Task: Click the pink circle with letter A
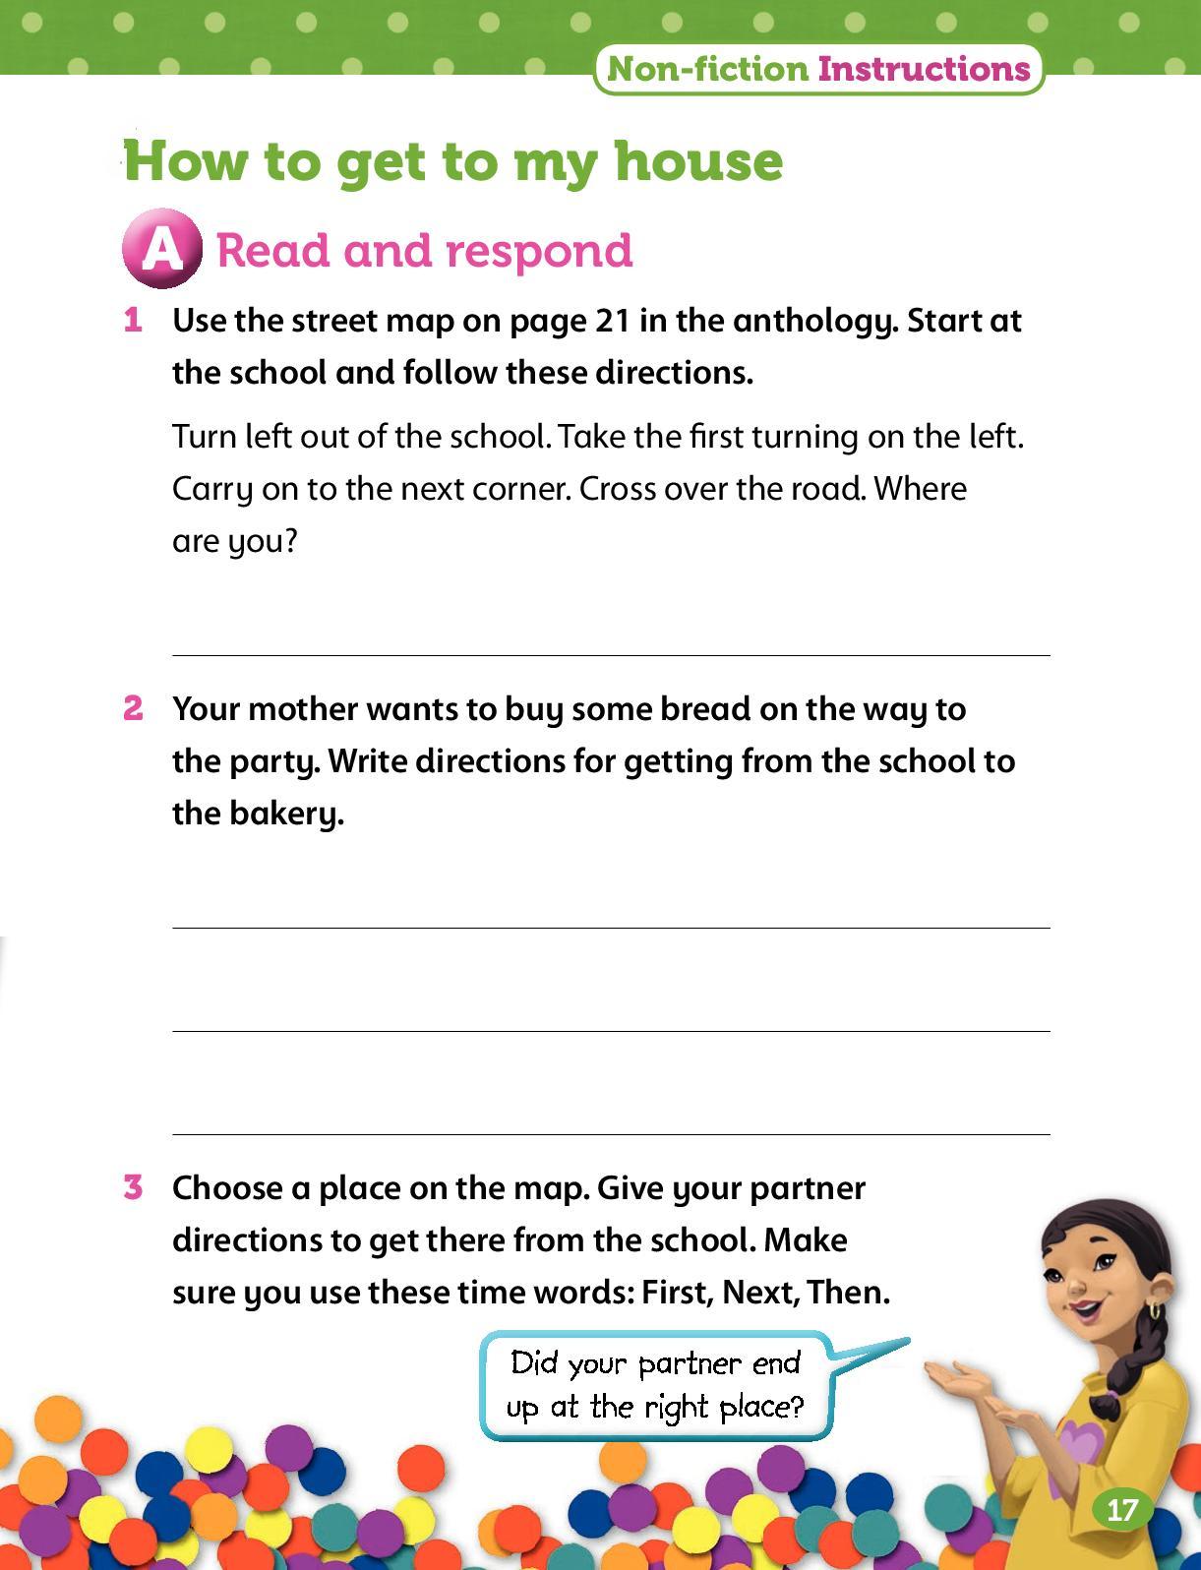[x=161, y=249]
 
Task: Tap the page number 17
[x=1121, y=1510]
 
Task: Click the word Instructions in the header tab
[x=924, y=69]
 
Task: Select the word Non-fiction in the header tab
[x=708, y=69]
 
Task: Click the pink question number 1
[x=133, y=321]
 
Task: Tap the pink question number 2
[x=133, y=708]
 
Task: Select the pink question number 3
[x=133, y=1187]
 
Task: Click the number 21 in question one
[x=613, y=321]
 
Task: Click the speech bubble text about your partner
[x=655, y=1385]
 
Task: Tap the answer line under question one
[x=611, y=653]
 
